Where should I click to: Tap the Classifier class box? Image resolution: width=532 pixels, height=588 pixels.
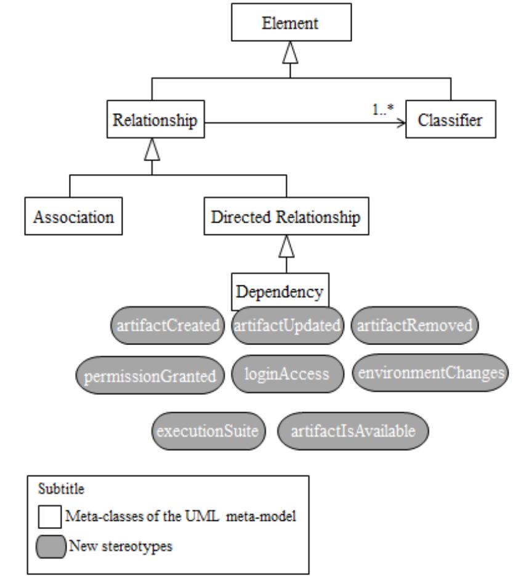click(449, 121)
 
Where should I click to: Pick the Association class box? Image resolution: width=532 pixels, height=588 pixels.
click(71, 217)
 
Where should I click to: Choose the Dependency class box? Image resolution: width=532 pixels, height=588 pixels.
click(280, 290)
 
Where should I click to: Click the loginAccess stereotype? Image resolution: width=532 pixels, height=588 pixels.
click(287, 373)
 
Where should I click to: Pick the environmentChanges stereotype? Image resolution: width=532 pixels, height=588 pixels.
click(430, 373)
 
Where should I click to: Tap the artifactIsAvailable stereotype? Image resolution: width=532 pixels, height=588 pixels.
click(353, 430)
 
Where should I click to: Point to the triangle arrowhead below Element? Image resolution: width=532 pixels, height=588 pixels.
click(290, 56)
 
